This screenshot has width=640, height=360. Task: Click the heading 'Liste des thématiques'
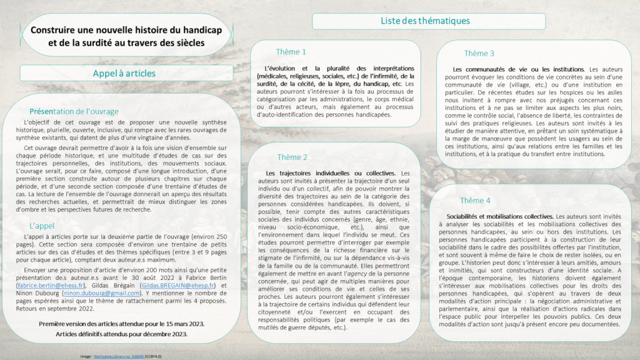(425, 21)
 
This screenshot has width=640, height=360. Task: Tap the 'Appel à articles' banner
(124, 73)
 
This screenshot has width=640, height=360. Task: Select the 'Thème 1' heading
(291, 52)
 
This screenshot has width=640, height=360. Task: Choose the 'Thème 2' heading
(292, 157)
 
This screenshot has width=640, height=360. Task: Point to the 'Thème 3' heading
(479, 54)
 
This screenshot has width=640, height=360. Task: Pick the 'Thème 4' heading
(475, 201)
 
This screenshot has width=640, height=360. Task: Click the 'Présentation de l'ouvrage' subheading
(74, 111)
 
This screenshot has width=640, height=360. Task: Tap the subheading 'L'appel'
(42, 225)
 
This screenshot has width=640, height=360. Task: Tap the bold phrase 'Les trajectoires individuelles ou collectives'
(330, 173)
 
